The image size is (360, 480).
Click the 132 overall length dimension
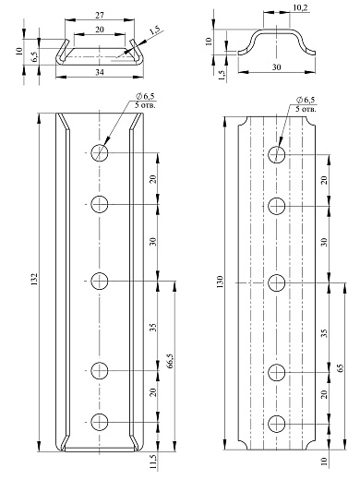pos(34,279)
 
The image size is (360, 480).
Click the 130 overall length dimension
pos(220,282)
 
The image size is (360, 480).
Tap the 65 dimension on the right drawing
pos(341,368)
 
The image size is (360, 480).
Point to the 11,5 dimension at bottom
pos(153,462)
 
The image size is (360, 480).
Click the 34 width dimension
pos(100,72)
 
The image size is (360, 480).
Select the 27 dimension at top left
pos(100,15)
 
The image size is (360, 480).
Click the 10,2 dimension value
pos(300,7)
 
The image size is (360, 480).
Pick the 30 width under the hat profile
pos(277,66)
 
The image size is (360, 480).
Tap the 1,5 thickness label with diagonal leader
pos(155,31)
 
